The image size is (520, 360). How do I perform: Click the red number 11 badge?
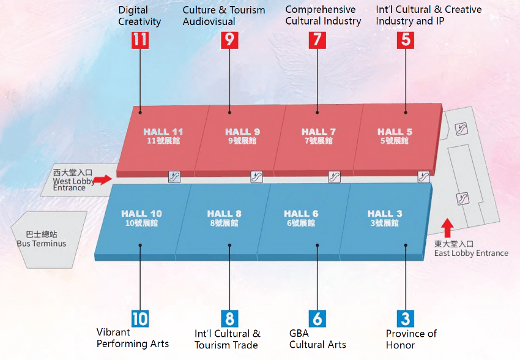tap(140, 40)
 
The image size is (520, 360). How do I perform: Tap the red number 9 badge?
tap(229, 40)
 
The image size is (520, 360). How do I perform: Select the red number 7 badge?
tap(317, 40)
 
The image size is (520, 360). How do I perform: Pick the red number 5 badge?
tap(406, 40)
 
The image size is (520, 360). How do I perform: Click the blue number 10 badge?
tap(139, 318)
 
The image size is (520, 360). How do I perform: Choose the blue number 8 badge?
tap(229, 318)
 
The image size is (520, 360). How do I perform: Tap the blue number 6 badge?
tap(317, 318)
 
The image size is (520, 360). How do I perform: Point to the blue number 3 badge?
tap(406, 318)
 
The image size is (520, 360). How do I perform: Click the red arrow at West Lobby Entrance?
tap(104, 179)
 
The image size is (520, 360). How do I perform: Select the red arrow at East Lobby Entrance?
tap(447, 228)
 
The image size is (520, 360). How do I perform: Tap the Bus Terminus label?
tap(42, 239)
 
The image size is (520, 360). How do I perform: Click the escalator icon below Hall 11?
tap(175, 177)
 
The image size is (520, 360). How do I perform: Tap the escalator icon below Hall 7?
tap(334, 177)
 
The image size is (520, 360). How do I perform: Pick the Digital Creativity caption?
tap(139, 16)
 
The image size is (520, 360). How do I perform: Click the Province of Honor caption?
tap(411, 339)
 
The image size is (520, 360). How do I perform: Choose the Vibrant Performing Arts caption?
tap(132, 338)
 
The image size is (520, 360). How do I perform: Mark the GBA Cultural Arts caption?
tap(318, 339)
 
